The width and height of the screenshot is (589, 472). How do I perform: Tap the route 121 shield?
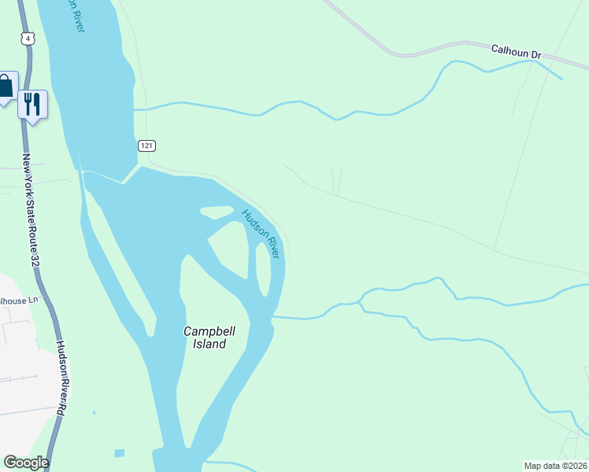pyautogui.click(x=147, y=146)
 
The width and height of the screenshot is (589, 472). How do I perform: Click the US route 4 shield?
pyautogui.click(x=29, y=38)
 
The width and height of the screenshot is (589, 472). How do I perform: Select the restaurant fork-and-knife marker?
pyautogui.click(x=32, y=103)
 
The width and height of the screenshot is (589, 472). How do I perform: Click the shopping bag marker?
pyautogui.click(x=6, y=87)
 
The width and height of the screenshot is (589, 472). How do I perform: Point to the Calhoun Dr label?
pyautogui.click(x=517, y=51)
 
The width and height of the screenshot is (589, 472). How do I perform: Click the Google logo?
pyautogui.click(x=26, y=463)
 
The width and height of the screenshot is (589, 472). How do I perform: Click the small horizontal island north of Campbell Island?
pyautogui.click(x=217, y=212)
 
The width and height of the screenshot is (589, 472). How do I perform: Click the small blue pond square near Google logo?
pyautogui.click(x=119, y=453)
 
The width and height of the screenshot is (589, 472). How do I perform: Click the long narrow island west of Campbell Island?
pyautogui.click(x=118, y=260)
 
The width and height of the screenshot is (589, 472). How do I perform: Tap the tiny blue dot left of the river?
pyautogui.click(x=93, y=411)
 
